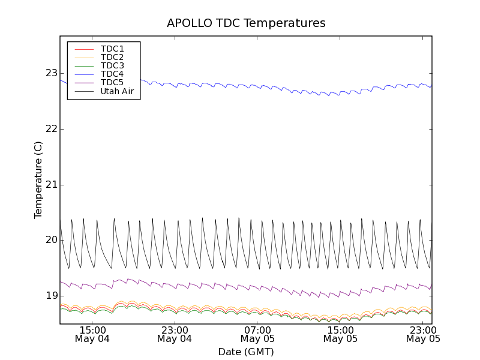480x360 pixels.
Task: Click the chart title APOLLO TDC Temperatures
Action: [246, 23]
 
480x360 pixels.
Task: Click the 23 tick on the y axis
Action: [51, 73]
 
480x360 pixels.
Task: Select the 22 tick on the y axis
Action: [51, 129]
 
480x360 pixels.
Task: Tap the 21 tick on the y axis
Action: [51, 184]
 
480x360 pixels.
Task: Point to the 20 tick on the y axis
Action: [51, 240]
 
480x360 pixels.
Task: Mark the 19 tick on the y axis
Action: [51, 296]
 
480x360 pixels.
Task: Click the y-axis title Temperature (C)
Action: [38, 180]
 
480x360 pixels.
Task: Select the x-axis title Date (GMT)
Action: [246, 352]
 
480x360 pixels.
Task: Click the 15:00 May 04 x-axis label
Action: [92, 334]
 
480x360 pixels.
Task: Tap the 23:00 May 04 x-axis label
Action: [175, 334]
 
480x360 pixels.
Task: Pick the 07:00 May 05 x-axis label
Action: [257, 334]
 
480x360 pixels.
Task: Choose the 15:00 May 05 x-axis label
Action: [340, 334]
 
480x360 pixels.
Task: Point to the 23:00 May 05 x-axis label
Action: [423, 334]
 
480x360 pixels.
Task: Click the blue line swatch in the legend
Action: [83, 74]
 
